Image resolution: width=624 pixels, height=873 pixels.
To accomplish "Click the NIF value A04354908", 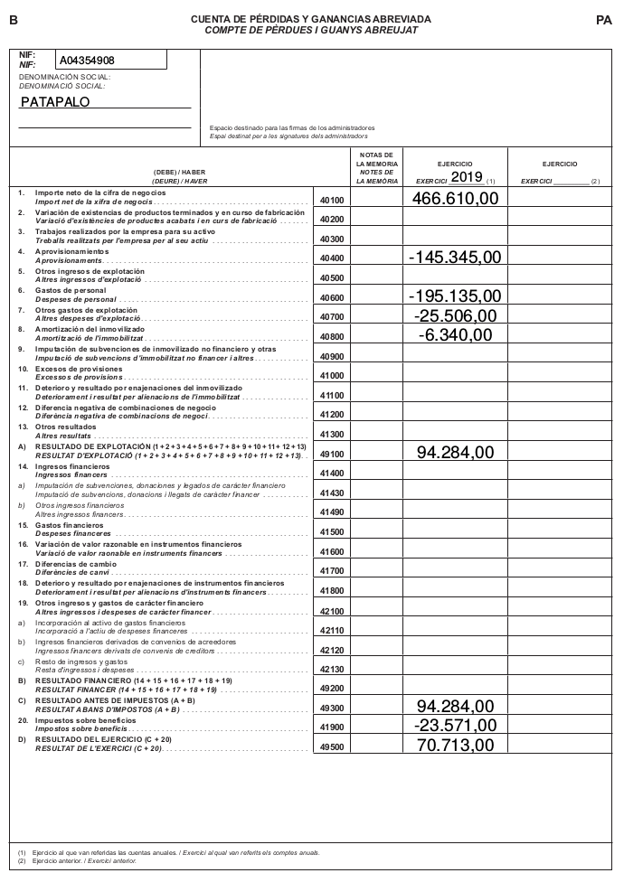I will (x=87, y=61).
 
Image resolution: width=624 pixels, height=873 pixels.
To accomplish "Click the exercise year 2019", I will (x=467, y=176).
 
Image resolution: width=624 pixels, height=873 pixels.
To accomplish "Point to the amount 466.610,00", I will (x=455, y=198).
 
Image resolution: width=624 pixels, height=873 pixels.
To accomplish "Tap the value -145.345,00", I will (x=455, y=258).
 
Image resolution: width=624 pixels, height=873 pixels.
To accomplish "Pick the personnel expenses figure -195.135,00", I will (x=455, y=296).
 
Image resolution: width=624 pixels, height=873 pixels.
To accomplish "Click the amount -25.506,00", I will (x=455, y=316).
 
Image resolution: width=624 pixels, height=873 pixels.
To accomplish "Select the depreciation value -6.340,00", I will (x=455, y=335).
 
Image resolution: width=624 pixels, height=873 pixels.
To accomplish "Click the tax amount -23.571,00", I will (x=455, y=726).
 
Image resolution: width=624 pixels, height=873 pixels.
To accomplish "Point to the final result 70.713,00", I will (x=455, y=746).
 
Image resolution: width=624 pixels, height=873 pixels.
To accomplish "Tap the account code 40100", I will (x=332, y=200).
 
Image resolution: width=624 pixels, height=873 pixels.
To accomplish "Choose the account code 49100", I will (x=332, y=454).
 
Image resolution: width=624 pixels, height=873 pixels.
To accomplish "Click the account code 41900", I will (x=332, y=727).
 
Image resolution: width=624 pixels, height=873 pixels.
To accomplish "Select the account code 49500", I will (x=332, y=747).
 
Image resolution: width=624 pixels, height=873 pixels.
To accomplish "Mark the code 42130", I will (x=332, y=669).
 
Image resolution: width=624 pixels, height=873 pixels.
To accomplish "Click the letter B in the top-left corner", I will (x=13, y=19).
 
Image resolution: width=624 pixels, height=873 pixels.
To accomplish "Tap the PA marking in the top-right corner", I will (x=604, y=19).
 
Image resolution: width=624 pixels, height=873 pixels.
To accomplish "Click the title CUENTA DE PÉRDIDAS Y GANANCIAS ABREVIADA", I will (x=311, y=19).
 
